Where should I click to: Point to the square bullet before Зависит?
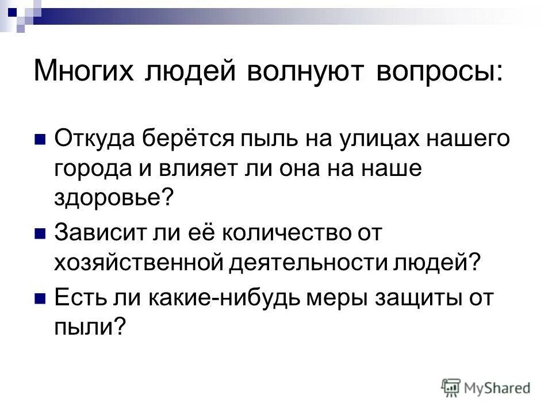tap(40, 233)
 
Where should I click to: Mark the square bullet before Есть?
tap(40, 300)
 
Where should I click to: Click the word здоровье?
tap(113, 198)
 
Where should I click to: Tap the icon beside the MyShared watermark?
tap(451, 387)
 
